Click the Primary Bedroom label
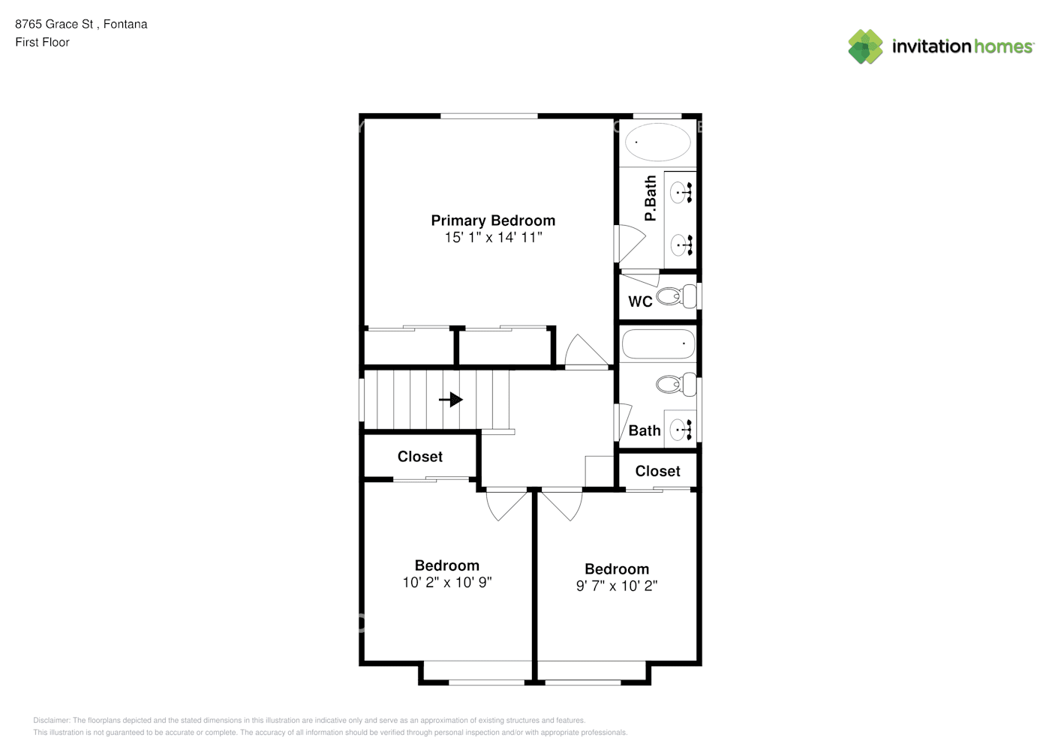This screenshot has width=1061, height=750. click(x=493, y=221)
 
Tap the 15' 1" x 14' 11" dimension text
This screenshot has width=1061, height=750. click(x=493, y=237)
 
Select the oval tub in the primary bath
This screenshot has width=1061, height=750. click(x=658, y=142)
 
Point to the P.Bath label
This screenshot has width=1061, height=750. click(x=651, y=198)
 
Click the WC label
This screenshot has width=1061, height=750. click(x=640, y=301)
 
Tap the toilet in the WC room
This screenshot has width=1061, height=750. click(x=676, y=296)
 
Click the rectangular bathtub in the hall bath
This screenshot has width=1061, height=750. click(x=658, y=343)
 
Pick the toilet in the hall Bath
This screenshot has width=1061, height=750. click(x=676, y=384)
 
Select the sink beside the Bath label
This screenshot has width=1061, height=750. click(x=681, y=430)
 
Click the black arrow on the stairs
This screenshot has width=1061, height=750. click(x=450, y=400)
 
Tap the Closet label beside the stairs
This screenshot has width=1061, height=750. click(x=419, y=457)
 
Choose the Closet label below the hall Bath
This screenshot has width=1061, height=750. click(x=657, y=471)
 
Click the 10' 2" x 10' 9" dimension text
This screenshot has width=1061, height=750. click(x=447, y=583)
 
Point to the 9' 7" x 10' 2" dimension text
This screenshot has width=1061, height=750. click(x=617, y=586)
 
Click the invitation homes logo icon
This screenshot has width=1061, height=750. click(x=865, y=46)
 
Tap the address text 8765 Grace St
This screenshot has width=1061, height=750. click(x=54, y=24)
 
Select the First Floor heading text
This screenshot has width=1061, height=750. click(x=42, y=42)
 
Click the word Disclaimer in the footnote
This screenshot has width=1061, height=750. click(x=52, y=720)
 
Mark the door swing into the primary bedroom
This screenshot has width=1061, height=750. click(x=586, y=350)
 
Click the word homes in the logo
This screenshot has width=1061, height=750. click(x=1003, y=46)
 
